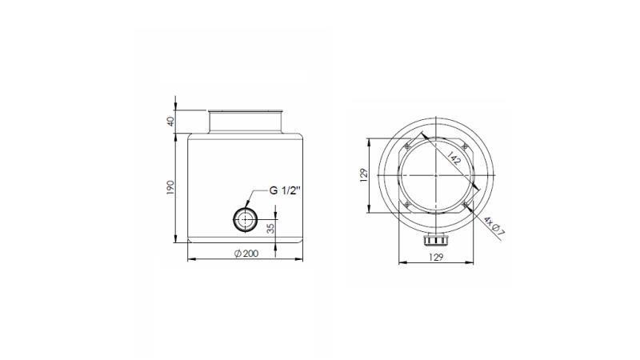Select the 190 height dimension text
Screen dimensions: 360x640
pos(170,188)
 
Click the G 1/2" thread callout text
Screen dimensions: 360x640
pos(285,190)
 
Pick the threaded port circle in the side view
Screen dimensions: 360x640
pos(243,218)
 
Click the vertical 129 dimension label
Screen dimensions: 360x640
pos(362,175)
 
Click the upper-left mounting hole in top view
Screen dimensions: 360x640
pos(406,146)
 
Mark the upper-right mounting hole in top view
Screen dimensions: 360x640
pos(466,146)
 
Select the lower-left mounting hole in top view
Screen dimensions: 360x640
pos(406,206)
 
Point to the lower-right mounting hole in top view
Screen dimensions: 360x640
pos(466,206)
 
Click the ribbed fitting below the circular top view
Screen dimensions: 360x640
pos(436,239)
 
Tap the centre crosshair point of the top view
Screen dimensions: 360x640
pos(436,175)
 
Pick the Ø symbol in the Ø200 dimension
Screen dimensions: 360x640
pos(237,253)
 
